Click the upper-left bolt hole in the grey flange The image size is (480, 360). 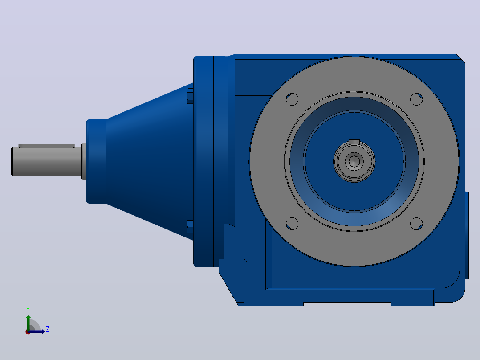click(x=292, y=99)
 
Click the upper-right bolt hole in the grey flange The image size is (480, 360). click(x=416, y=99)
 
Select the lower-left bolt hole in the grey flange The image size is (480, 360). click(x=292, y=224)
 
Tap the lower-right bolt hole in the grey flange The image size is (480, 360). click(x=416, y=224)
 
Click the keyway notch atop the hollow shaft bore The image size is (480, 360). click(x=354, y=142)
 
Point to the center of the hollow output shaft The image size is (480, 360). click(x=354, y=161)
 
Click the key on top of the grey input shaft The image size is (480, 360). click(x=46, y=146)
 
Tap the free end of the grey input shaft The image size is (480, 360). click(x=12, y=161)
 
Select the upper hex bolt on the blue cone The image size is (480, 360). click(x=190, y=96)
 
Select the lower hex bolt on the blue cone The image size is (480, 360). click(x=190, y=227)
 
